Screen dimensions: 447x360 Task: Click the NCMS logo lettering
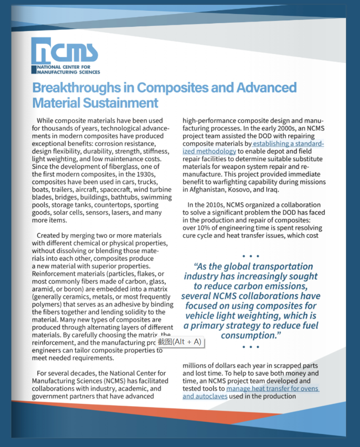pyautogui.click(x=66, y=51)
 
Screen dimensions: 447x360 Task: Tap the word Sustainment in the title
pyautogui.click(x=121, y=103)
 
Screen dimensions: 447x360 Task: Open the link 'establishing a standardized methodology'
pyautogui.click(x=288, y=144)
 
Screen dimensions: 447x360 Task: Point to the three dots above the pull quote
pyautogui.click(x=251, y=256)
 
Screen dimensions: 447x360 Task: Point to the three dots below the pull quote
pyautogui.click(x=251, y=347)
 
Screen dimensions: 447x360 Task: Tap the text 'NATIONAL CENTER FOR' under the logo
pyautogui.click(x=64, y=67)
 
